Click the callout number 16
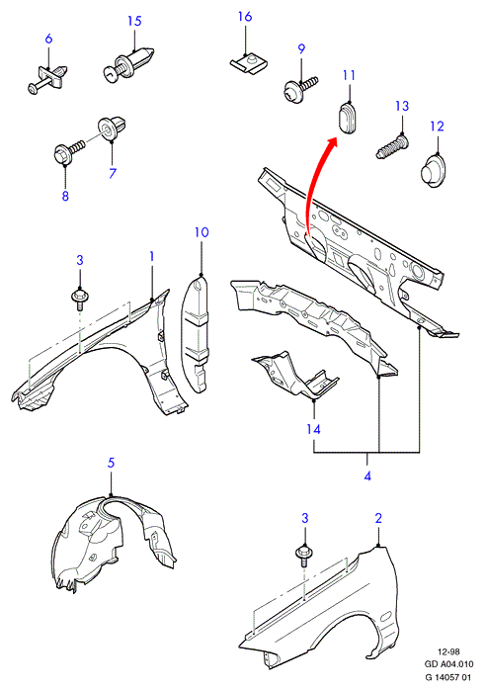click(x=245, y=17)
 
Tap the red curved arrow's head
click(x=330, y=144)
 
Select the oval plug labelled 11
click(x=349, y=118)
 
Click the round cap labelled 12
click(x=433, y=171)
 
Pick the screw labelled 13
click(x=392, y=147)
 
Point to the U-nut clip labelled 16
click(x=250, y=63)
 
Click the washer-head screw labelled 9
click(x=299, y=90)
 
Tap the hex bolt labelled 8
click(x=68, y=150)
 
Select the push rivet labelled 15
click(x=128, y=64)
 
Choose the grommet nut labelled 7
click(x=112, y=128)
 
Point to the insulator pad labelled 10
click(x=196, y=333)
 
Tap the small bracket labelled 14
click(x=295, y=376)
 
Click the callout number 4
click(x=367, y=475)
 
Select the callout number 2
click(x=378, y=518)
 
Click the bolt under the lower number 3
click(x=304, y=556)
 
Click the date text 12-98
click(x=448, y=651)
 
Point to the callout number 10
click(x=202, y=232)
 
